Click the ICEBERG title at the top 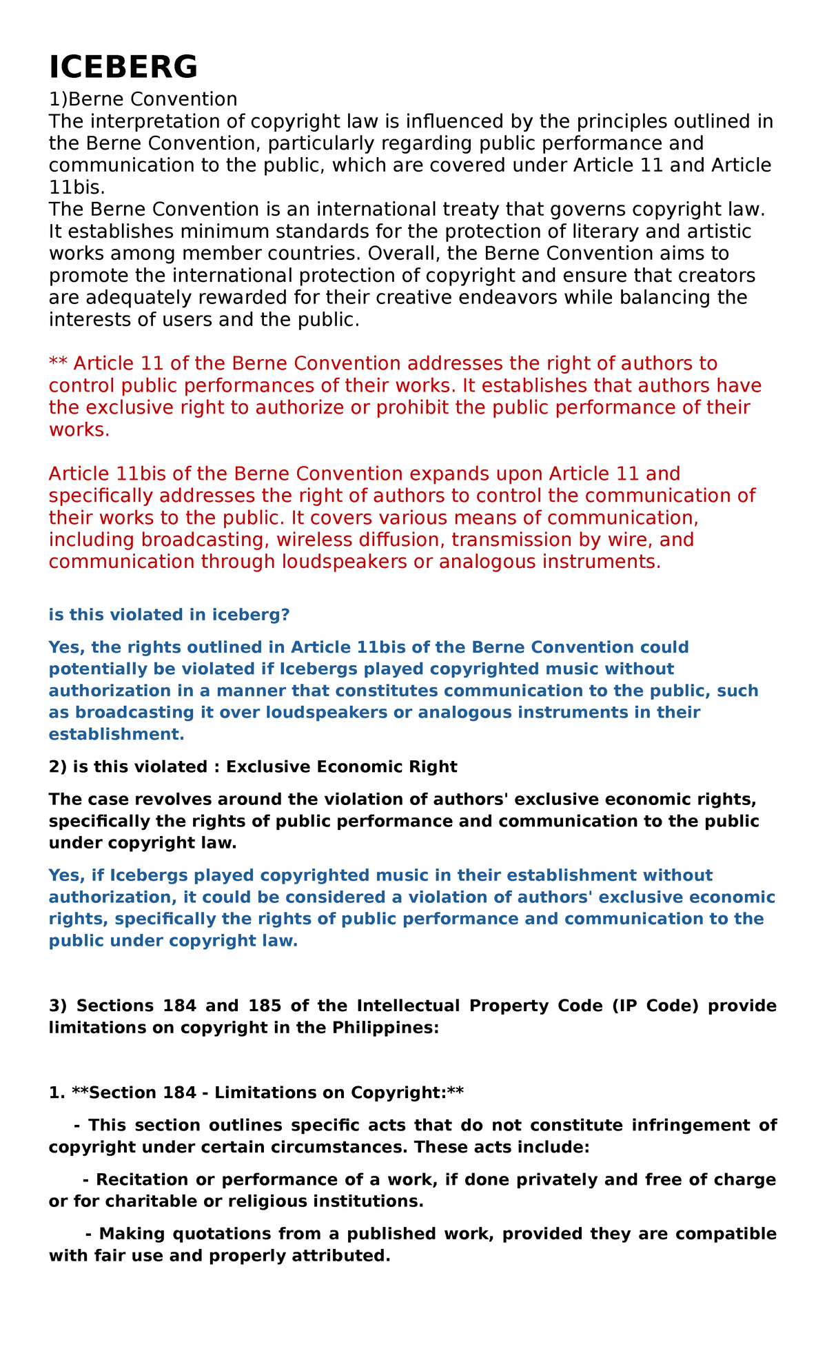point(123,68)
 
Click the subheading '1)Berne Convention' point(143,99)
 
